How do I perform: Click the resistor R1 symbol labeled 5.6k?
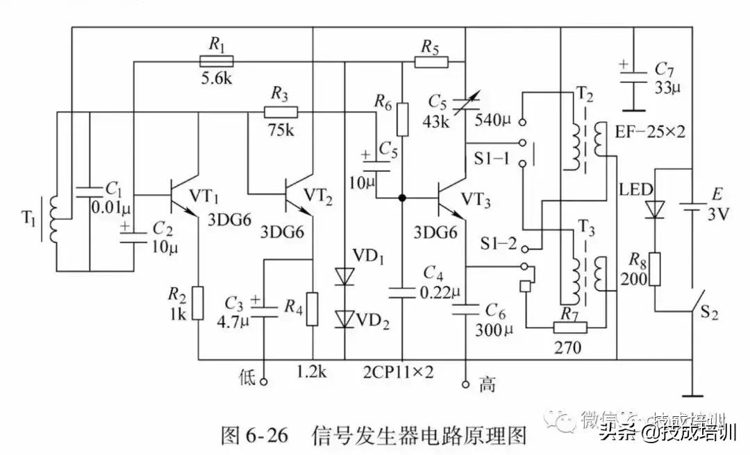[x=217, y=61]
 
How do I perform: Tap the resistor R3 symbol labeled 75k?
[x=281, y=112]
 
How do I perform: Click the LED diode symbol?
[x=654, y=208]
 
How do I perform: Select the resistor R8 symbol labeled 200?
[x=654, y=268]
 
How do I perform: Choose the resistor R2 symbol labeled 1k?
[x=199, y=302]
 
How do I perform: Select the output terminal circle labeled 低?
[x=264, y=379]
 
